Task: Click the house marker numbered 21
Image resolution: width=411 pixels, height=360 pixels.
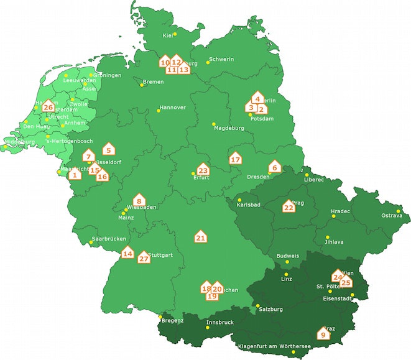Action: click(x=200, y=237)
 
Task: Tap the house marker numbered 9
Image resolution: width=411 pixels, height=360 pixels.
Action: click(x=322, y=334)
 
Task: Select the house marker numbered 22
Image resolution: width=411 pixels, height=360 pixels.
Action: click(x=289, y=206)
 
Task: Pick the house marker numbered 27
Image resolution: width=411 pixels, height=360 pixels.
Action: click(x=144, y=257)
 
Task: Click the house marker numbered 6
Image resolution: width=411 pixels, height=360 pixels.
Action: click(x=274, y=167)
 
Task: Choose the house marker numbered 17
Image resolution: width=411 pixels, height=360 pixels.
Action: click(x=235, y=159)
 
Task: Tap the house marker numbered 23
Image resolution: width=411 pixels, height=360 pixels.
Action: click(x=203, y=169)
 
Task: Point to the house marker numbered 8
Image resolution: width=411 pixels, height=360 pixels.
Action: click(x=139, y=200)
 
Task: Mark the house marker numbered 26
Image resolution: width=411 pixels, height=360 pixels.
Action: click(x=48, y=106)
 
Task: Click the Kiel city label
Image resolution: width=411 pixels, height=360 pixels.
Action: click(x=167, y=35)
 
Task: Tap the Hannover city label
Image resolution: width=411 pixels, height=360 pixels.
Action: click(x=173, y=108)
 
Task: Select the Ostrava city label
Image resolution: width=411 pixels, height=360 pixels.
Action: click(x=392, y=216)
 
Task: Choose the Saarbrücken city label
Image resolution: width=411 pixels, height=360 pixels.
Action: click(x=109, y=239)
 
